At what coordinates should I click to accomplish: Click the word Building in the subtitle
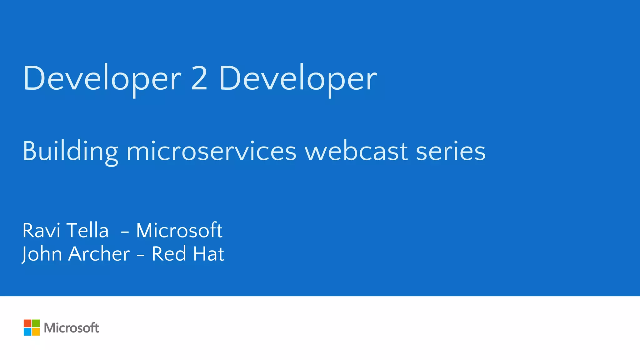click(70, 151)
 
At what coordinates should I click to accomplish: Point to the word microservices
click(211, 151)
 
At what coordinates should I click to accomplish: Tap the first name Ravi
click(41, 231)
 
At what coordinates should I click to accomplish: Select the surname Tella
click(87, 231)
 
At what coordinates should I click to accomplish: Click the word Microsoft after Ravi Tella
click(179, 231)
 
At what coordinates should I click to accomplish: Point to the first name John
click(42, 254)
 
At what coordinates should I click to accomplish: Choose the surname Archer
click(99, 254)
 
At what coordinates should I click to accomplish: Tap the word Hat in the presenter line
click(208, 254)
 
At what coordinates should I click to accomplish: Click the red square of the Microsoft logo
click(27, 323)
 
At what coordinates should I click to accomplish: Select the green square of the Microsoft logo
click(36, 323)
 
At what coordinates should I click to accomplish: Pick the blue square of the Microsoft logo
click(27, 332)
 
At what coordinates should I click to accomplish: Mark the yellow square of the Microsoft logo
click(36, 332)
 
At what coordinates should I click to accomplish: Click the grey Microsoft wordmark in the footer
click(71, 328)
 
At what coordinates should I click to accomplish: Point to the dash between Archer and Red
click(141, 255)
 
